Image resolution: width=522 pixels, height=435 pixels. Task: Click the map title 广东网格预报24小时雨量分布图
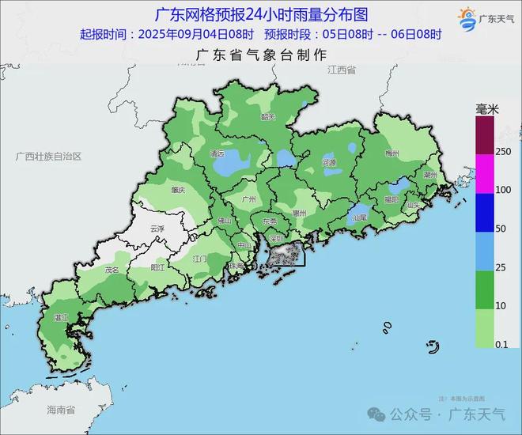pyautogui.click(x=261, y=15)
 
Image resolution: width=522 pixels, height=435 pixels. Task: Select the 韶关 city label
pyautogui.click(x=268, y=117)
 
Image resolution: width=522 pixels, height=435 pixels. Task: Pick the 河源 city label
pyautogui.click(x=329, y=163)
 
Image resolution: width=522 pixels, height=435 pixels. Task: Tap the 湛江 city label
pyautogui.click(x=60, y=317)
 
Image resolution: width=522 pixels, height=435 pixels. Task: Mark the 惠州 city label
pyautogui.click(x=299, y=213)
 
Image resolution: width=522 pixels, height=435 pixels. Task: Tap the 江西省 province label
pyautogui.click(x=341, y=70)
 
